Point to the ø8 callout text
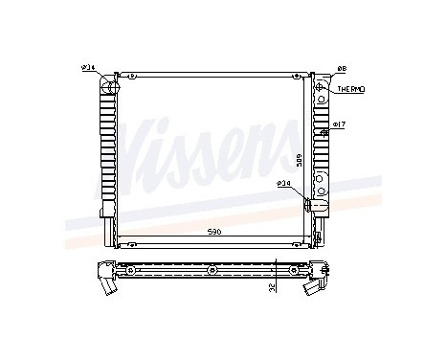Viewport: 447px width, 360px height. (x=342, y=68)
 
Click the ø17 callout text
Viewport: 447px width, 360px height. (x=339, y=124)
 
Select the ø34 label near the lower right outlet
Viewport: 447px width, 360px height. (x=284, y=183)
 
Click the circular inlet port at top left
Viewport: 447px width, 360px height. (x=108, y=89)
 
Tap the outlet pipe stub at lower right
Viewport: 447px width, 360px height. (x=309, y=204)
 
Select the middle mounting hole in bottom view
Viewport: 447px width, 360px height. (x=210, y=271)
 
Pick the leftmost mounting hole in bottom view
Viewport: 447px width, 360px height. (x=122, y=271)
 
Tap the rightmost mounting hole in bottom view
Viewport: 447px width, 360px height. (x=293, y=271)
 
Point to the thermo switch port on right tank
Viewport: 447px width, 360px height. (x=319, y=89)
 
